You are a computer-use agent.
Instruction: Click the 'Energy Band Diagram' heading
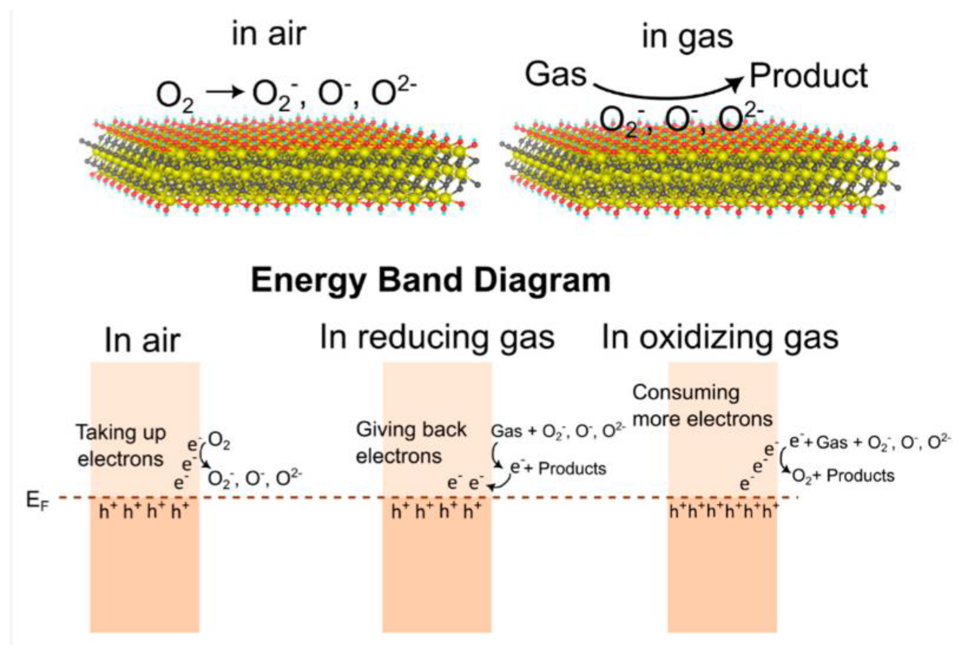[x=431, y=281]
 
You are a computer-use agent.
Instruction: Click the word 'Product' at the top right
[x=809, y=76]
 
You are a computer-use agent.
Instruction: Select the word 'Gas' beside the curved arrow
[x=556, y=75]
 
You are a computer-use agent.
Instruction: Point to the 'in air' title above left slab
[x=269, y=34]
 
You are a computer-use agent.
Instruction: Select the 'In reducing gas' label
[x=437, y=338]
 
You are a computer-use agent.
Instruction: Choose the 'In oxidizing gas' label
[x=720, y=338]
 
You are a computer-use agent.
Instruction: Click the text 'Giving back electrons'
[x=411, y=443]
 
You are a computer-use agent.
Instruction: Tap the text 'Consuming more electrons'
[x=702, y=406]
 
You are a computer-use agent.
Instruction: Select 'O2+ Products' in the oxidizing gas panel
[x=843, y=475]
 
